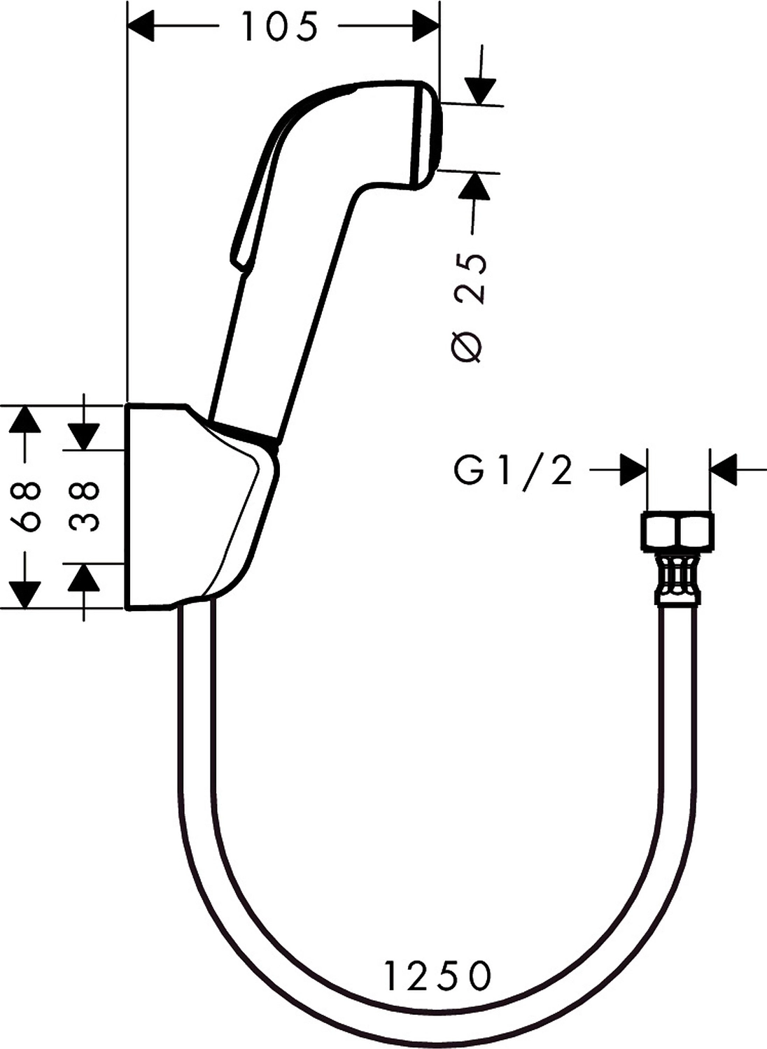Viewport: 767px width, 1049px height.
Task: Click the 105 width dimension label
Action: [280, 28]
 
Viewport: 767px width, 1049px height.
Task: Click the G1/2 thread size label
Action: [513, 471]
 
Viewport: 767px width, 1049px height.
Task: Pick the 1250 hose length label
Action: [438, 976]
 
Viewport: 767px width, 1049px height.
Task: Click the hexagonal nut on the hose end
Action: [677, 531]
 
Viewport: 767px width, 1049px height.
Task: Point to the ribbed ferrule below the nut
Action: [677, 573]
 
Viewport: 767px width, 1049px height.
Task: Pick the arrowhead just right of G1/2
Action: [633, 469]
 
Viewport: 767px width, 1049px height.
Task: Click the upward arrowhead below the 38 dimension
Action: [84, 578]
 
